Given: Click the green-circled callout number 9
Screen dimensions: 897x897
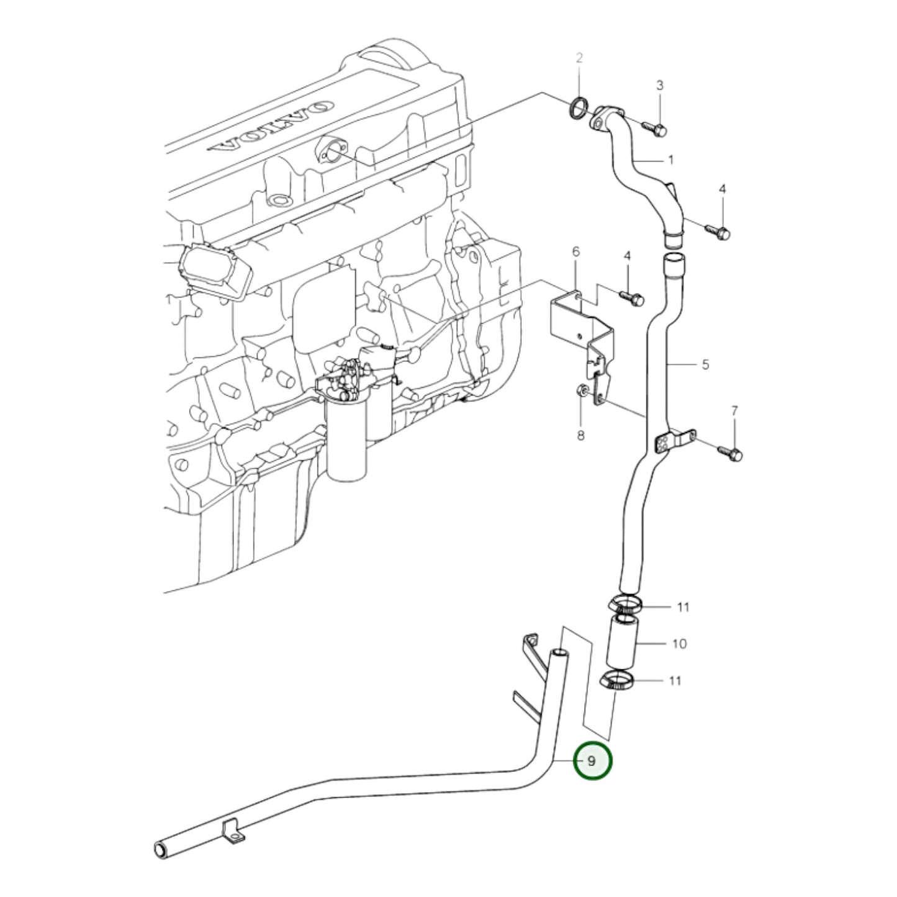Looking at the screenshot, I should (x=592, y=760).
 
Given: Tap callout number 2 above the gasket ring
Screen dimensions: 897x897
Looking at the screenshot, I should (x=579, y=58).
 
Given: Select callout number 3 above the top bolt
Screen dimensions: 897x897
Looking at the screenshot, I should (x=660, y=85).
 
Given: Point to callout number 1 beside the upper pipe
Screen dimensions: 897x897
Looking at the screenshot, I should (x=670, y=160).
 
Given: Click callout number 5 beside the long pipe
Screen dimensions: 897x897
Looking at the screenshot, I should (x=705, y=364).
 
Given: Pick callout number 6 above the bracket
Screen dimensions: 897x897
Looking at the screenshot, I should (x=575, y=251).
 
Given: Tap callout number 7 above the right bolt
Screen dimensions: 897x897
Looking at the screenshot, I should (x=734, y=410).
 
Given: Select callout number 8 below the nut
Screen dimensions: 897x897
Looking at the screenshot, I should (x=580, y=436).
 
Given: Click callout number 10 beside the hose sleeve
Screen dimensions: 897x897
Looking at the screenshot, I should (x=679, y=644).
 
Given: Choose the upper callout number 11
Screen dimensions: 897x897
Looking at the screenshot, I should (x=683, y=606).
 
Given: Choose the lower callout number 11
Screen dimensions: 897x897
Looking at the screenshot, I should (x=675, y=681).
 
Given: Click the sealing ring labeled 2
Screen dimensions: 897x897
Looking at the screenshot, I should (x=578, y=107).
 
